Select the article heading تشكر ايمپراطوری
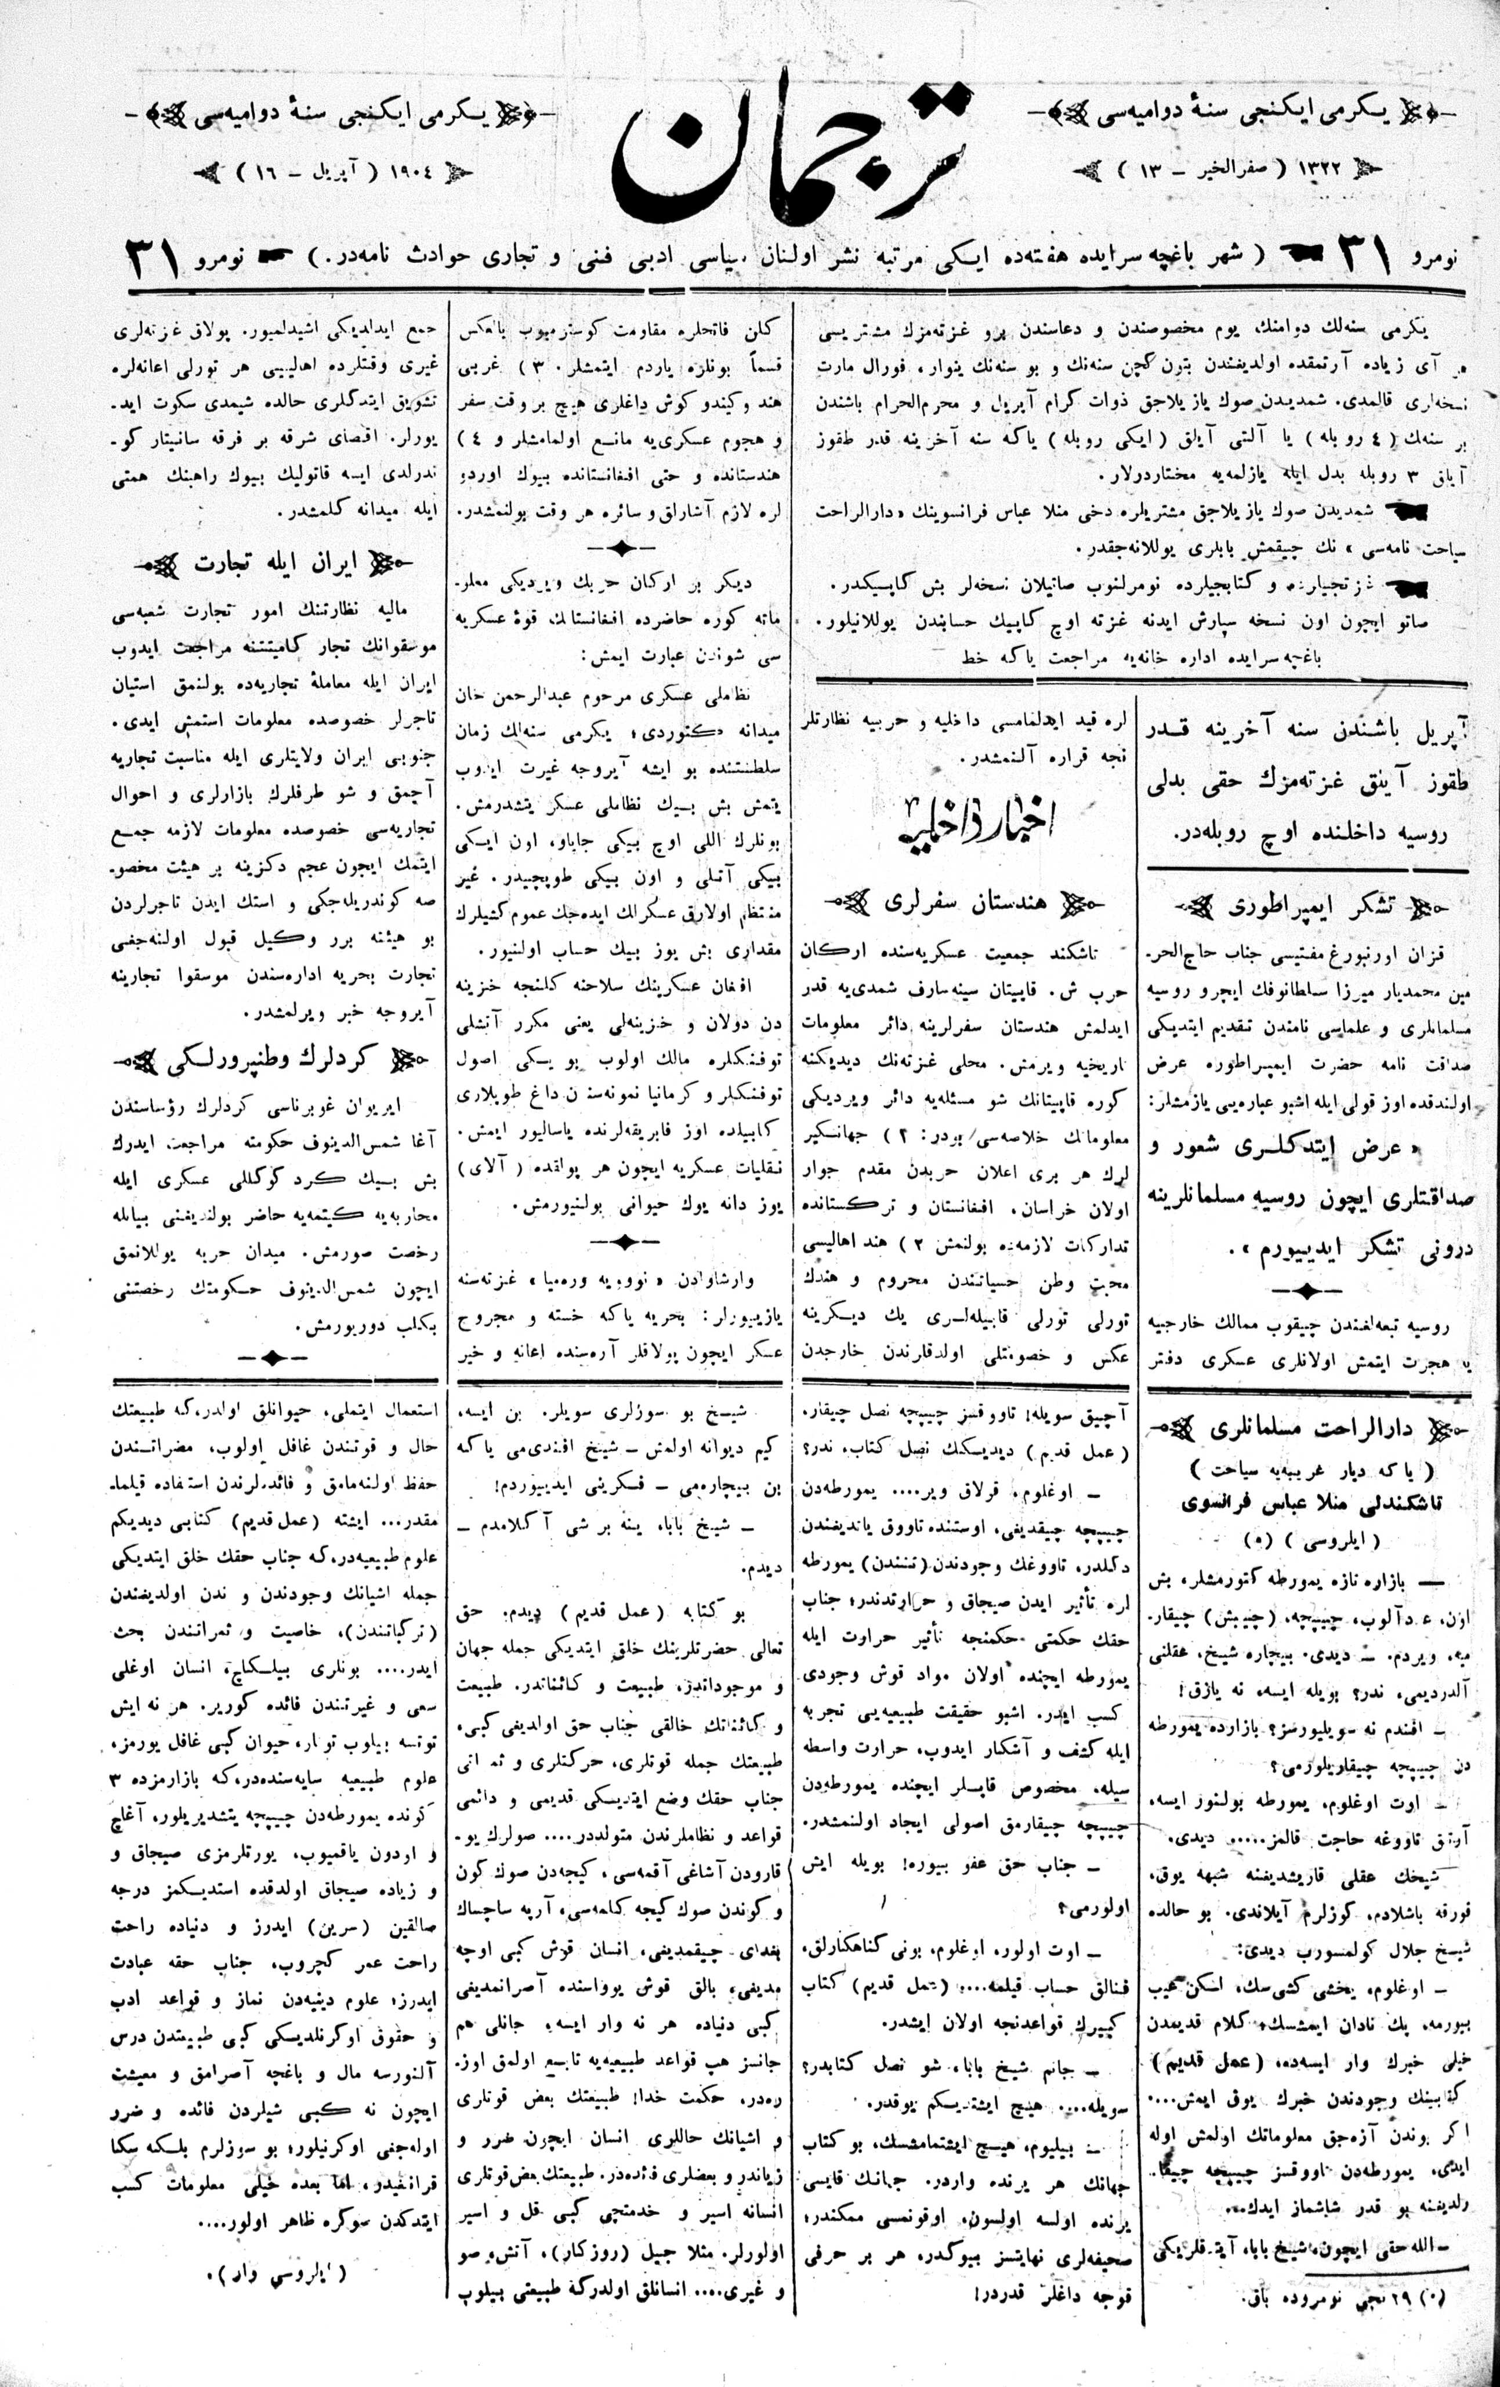pos(1305,907)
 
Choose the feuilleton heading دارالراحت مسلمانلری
pos(1305,1431)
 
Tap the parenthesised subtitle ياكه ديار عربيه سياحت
pos(1305,1468)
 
